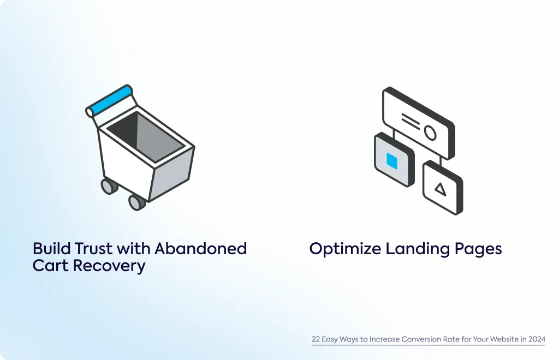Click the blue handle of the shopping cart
click(110, 100)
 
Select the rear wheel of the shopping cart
click(109, 186)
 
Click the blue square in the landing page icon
click(392, 161)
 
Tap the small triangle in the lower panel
click(441, 189)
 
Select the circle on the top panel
click(430, 133)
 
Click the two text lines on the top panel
click(411, 122)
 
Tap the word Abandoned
click(200, 248)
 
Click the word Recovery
click(109, 266)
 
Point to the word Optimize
click(345, 249)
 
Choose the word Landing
click(418, 249)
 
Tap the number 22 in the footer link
click(316, 339)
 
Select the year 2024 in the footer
click(537, 339)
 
